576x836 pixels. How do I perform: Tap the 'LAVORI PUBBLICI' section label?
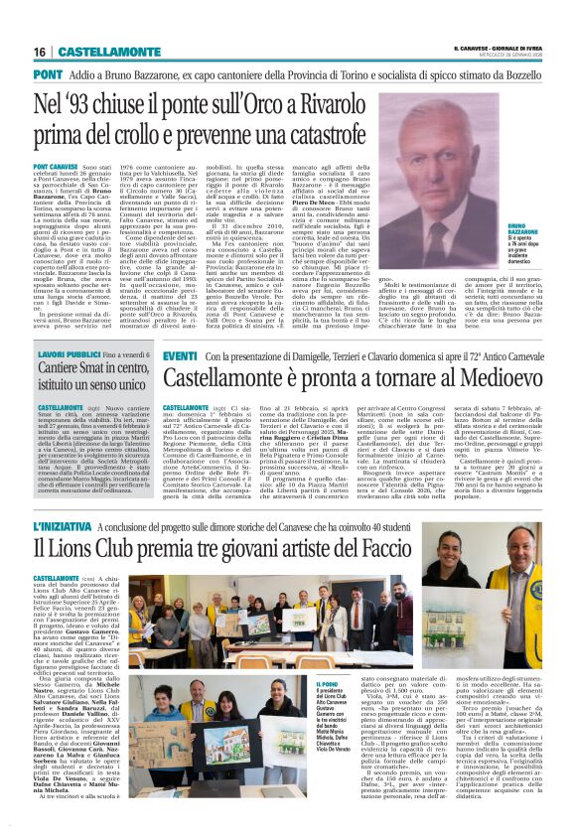click(x=69, y=354)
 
